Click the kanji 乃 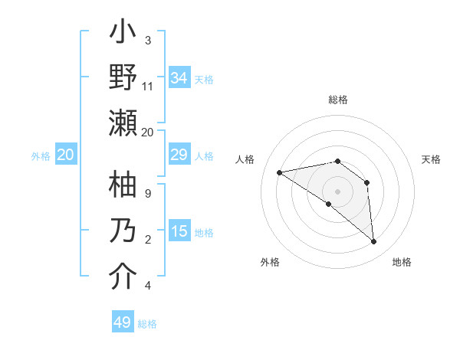click(123, 232)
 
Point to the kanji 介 click(123, 277)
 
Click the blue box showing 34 click(179, 77)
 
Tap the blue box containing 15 click(179, 232)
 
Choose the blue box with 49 click(123, 322)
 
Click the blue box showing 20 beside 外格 click(65, 155)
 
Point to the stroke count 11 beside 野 click(148, 87)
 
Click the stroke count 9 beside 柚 click(148, 193)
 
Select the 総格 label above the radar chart click(338, 100)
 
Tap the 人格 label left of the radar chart click(245, 159)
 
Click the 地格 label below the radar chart click(402, 263)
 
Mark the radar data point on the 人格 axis click(280, 172)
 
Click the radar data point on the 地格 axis click(373, 241)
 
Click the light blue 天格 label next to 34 click(204, 79)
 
